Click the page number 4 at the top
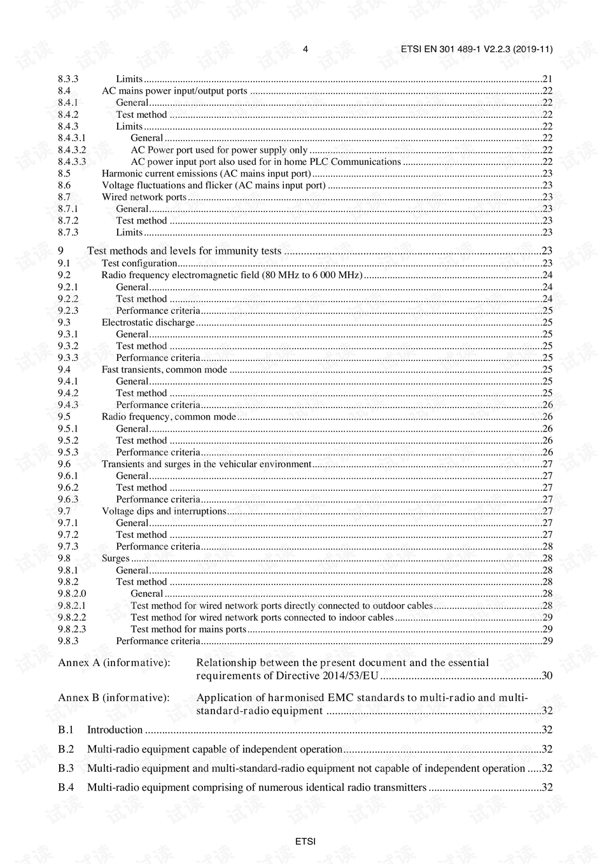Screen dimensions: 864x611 (x=305, y=49)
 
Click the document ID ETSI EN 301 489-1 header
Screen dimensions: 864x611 (x=477, y=49)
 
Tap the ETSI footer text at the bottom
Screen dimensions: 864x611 (x=305, y=841)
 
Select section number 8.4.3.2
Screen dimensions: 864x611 (x=72, y=150)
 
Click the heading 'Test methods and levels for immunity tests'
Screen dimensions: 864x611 (x=184, y=251)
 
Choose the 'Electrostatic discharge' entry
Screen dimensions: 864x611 (x=148, y=322)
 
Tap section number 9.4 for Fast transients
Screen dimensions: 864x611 (x=64, y=369)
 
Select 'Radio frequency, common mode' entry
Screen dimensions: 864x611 (x=169, y=416)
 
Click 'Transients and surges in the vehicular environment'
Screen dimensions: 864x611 (x=206, y=464)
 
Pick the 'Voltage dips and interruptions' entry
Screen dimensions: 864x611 (x=164, y=511)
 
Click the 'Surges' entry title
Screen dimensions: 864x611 (x=115, y=558)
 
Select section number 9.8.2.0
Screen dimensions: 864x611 (x=72, y=593)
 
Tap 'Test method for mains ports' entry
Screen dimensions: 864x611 (x=188, y=629)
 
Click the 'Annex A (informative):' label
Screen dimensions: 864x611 (x=114, y=663)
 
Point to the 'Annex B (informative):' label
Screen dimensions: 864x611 (x=114, y=698)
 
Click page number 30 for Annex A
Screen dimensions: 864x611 (x=547, y=676)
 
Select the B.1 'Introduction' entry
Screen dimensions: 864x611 (x=115, y=730)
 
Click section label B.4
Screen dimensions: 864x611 (x=66, y=788)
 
